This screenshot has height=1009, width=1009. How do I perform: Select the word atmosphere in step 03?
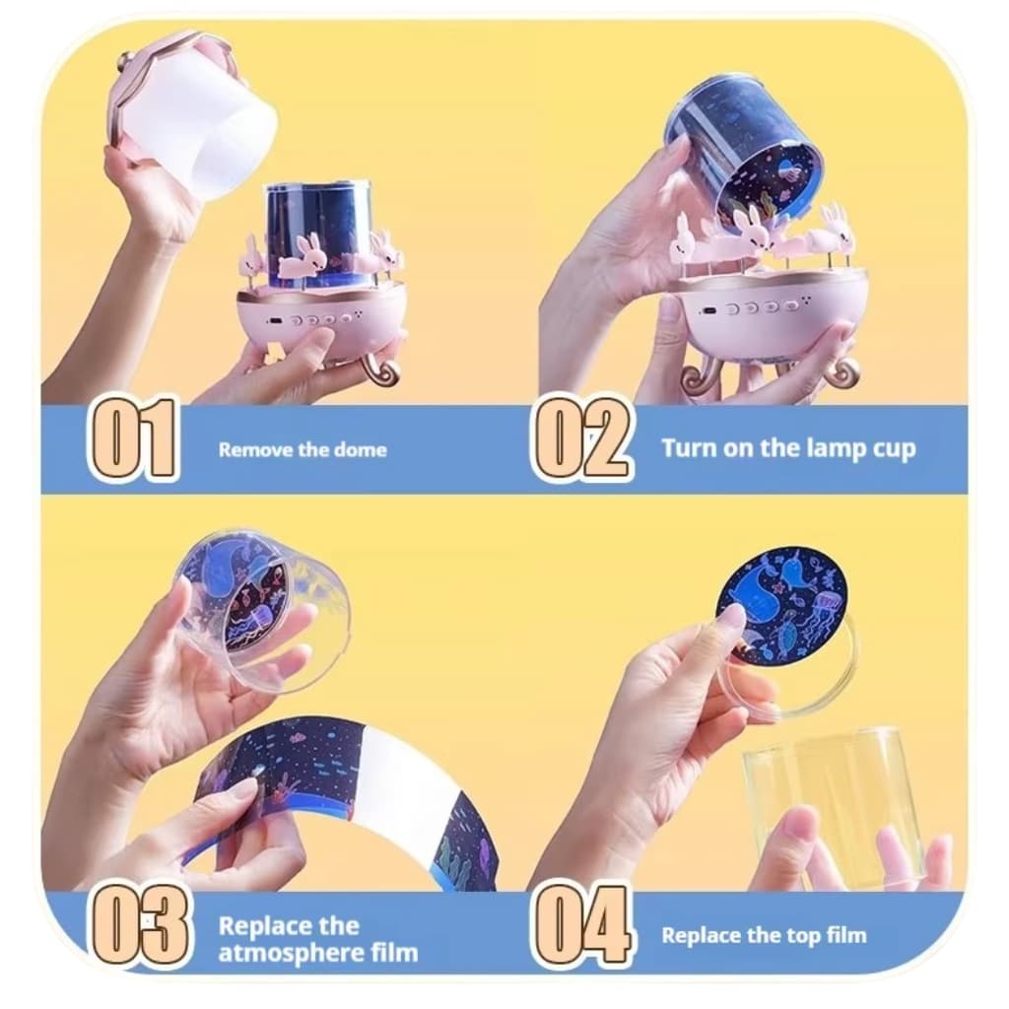point(291,953)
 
